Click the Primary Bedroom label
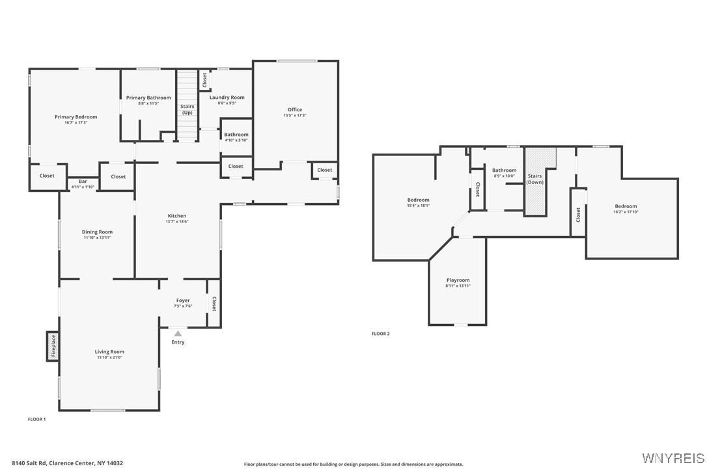coord(76,117)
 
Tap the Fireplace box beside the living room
coord(53,346)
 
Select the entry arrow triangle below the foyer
coord(178,334)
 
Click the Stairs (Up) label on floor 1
coord(187,109)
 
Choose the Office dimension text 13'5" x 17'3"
coord(295,115)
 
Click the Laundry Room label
coord(227,98)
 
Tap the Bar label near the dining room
coord(83,181)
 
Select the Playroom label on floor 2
coord(458,280)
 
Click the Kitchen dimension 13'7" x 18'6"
coord(177,222)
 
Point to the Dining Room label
coord(97,232)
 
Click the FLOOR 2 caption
coord(381,334)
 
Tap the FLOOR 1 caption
coord(36,420)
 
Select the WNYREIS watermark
coord(672,458)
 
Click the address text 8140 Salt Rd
coord(67,463)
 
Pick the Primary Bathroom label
coord(148,98)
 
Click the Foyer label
coord(183,301)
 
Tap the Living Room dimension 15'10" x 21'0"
coord(109,357)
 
